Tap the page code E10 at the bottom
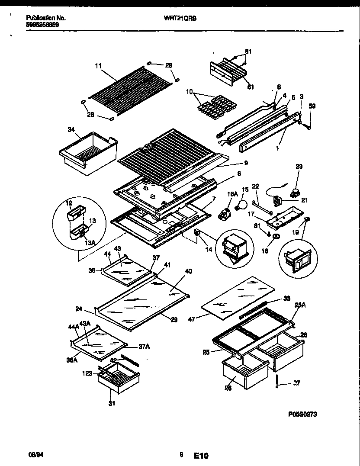pos(201,456)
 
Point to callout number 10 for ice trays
pos(189,92)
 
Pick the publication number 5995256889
pos(42,25)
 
